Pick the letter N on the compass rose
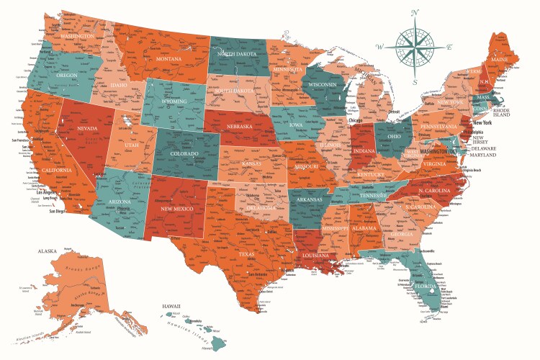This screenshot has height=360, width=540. click(415, 12)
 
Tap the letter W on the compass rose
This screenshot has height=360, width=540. click(379, 47)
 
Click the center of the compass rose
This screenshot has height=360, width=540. click(415, 47)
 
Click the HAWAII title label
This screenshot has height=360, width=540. click(171, 306)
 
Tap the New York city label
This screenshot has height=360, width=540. click(482, 122)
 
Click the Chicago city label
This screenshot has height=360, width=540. click(355, 120)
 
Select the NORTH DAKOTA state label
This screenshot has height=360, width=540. click(237, 54)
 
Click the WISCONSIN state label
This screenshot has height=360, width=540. click(323, 85)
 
